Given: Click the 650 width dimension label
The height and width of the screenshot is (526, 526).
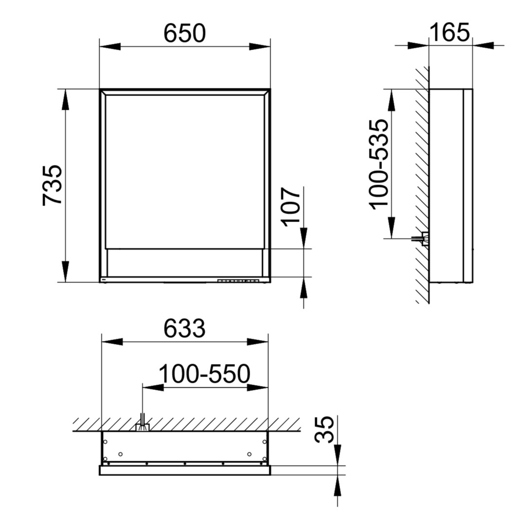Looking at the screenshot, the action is coord(185,33).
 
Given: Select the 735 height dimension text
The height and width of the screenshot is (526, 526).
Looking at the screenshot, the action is coord(52,185).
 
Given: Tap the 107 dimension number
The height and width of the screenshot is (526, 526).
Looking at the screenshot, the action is coord(290,207).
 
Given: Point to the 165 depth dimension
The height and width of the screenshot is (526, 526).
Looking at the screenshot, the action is coord(450,33).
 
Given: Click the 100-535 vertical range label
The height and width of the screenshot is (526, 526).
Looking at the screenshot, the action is coord(379,165).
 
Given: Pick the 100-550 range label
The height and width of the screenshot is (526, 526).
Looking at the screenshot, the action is coord(204,374).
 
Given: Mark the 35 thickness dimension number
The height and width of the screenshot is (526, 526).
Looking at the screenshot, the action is coord(324,430).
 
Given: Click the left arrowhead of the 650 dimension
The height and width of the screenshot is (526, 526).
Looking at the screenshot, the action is coord(110,47).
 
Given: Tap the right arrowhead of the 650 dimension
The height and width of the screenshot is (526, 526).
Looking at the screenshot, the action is coord(260,47).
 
